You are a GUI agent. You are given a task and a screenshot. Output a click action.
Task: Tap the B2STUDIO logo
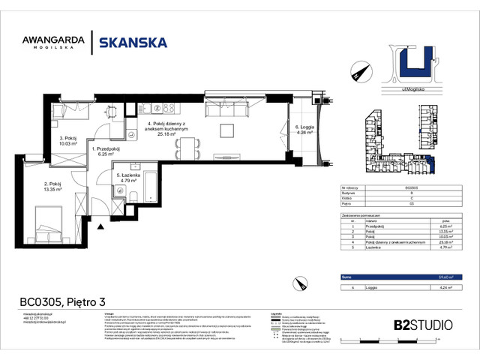tap(423, 325)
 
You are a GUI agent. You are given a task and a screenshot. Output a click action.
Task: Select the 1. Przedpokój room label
tap(106, 150)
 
